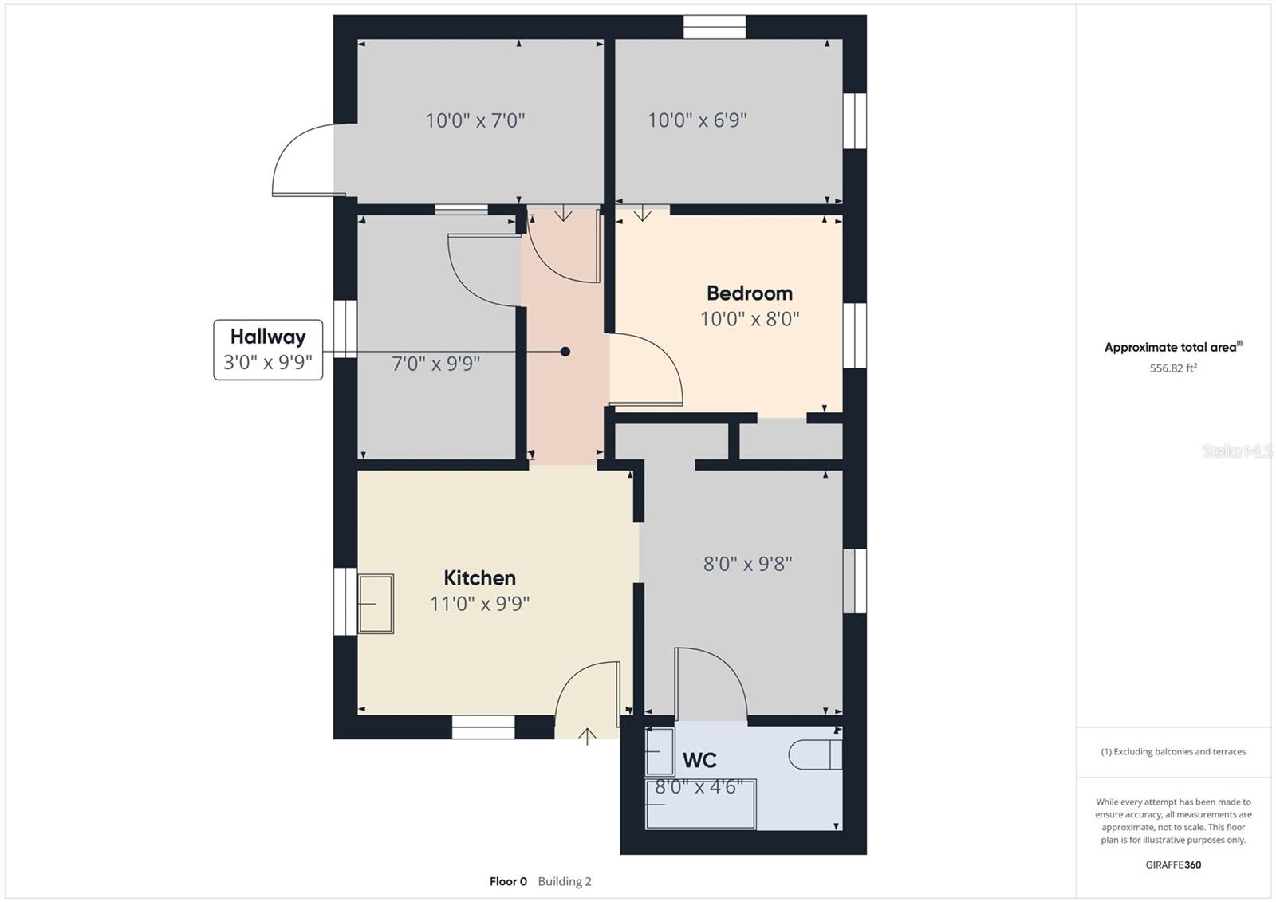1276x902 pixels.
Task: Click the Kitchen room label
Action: click(x=479, y=577)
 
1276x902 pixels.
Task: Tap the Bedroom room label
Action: click(x=750, y=293)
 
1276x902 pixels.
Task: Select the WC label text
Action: click(x=699, y=760)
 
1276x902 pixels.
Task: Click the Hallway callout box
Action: click(x=268, y=350)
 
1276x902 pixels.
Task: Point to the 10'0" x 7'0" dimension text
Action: click(x=475, y=120)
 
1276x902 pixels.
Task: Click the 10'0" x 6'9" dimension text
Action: click(x=697, y=120)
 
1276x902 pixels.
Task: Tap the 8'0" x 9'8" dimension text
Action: click(x=748, y=564)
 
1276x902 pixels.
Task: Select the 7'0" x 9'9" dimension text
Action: click(x=435, y=364)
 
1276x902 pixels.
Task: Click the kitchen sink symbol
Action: click(x=376, y=604)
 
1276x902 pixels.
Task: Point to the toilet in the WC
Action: click(x=815, y=755)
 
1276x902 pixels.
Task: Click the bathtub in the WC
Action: click(x=701, y=804)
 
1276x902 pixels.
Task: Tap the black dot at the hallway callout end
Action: click(x=565, y=352)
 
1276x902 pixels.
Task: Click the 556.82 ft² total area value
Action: click(x=1173, y=368)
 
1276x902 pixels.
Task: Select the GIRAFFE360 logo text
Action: click(x=1173, y=865)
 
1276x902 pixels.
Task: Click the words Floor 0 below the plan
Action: click(x=508, y=881)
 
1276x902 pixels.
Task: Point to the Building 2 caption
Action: click(x=565, y=881)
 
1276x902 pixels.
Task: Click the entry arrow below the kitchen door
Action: click(x=587, y=736)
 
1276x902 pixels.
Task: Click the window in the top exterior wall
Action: click(x=715, y=27)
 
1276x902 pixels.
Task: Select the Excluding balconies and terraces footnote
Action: click(x=1173, y=751)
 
